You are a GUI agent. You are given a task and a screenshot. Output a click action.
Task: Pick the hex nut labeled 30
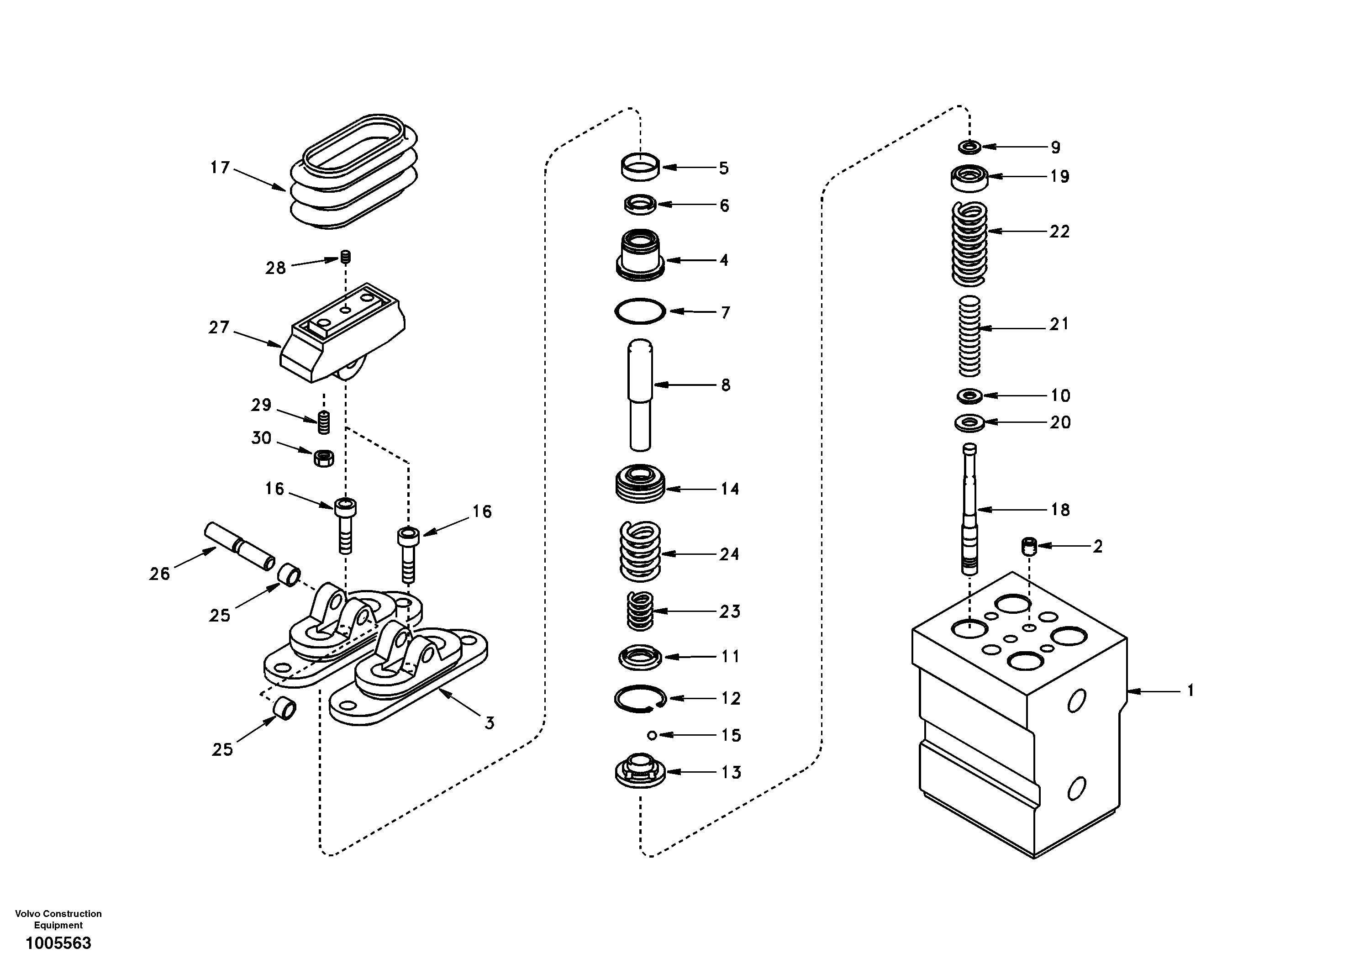click(323, 458)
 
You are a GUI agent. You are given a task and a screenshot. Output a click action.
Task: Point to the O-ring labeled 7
click(640, 311)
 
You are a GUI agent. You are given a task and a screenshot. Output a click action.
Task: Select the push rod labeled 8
click(640, 394)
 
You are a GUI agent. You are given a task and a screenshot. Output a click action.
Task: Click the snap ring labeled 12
click(640, 699)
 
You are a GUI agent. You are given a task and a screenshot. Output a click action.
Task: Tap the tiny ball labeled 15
click(652, 735)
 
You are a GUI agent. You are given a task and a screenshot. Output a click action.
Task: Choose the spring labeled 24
click(640, 551)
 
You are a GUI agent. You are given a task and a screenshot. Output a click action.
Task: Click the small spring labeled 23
click(640, 611)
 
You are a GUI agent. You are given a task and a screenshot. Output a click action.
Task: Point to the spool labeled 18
click(969, 509)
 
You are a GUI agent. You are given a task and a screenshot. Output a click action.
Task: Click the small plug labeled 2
click(1030, 546)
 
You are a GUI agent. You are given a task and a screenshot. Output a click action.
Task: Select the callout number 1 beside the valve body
click(1190, 690)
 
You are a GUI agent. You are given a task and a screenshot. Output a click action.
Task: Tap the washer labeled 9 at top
click(969, 146)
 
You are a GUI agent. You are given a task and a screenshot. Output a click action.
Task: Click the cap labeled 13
click(640, 771)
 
